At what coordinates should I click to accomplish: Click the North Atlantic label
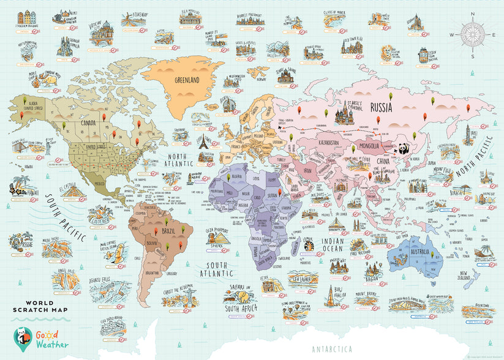pos(181,160)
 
